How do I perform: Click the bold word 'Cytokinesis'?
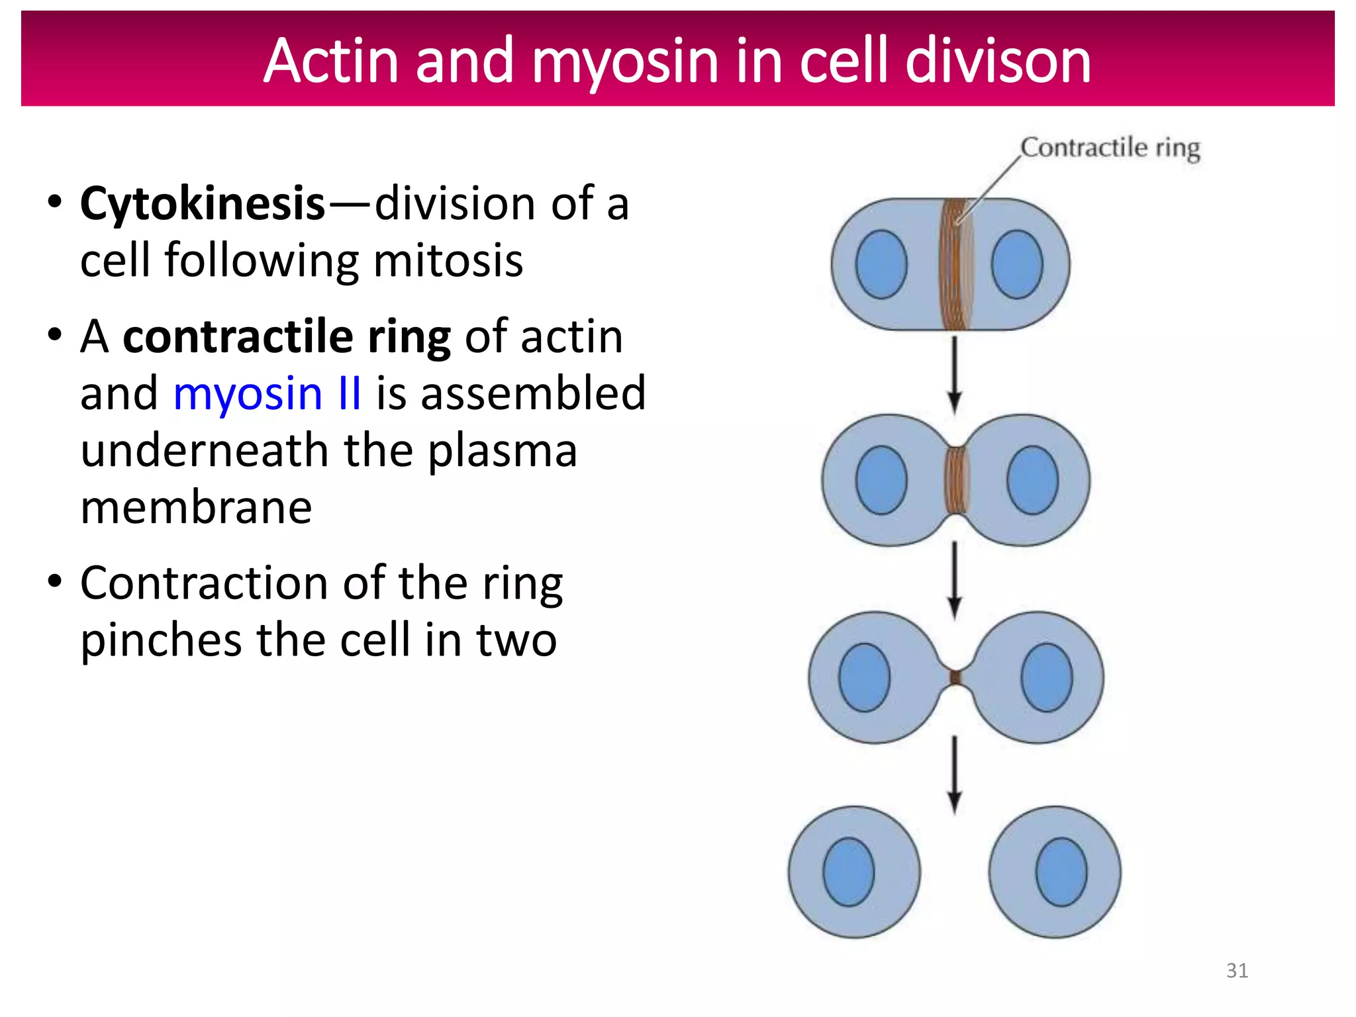point(203,203)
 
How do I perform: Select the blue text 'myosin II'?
point(267,393)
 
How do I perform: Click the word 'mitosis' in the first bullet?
point(448,260)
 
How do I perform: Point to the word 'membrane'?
point(196,508)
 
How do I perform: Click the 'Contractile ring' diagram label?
point(1110,147)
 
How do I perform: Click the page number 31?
point(1237,971)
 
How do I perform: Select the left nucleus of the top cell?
point(881,264)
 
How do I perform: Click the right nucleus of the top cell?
point(1017,264)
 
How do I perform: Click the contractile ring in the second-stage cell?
point(955,480)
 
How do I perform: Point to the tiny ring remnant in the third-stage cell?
point(955,677)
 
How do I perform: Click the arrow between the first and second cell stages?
point(954,374)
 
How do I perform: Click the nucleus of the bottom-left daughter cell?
point(848,872)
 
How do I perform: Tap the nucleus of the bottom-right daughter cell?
point(1061,872)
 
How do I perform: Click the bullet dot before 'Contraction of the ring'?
point(55,581)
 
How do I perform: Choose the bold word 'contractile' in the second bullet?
point(238,337)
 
